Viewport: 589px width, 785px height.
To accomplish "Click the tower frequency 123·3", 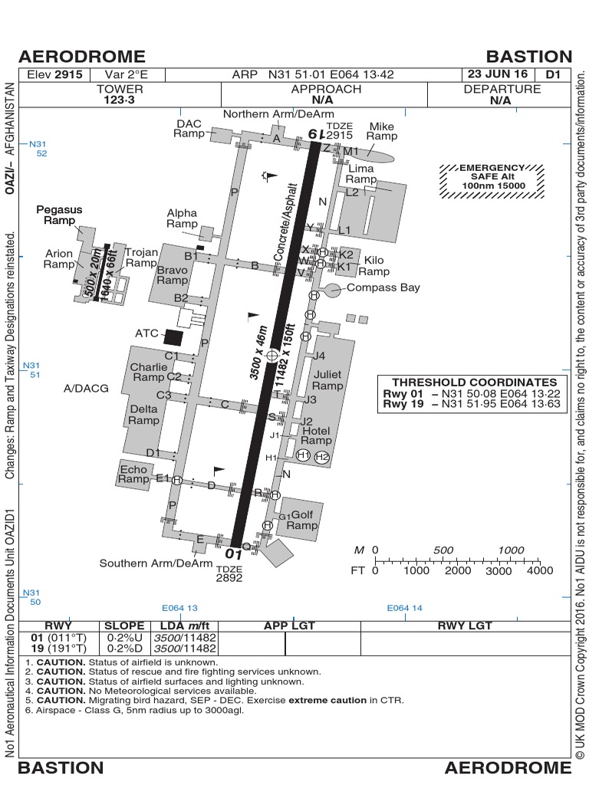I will [120, 100].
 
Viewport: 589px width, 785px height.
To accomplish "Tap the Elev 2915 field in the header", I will [54, 75].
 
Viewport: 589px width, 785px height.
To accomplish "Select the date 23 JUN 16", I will [497, 74].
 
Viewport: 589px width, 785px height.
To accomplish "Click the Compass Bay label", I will [383, 287].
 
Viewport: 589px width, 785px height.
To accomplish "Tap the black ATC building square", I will [174, 336].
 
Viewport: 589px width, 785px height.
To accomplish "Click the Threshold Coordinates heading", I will [475, 382].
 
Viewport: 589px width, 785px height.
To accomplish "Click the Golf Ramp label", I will [302, 521].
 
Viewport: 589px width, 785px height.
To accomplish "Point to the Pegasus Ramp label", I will [59, 215].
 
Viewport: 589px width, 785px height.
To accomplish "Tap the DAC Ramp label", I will [189, 128].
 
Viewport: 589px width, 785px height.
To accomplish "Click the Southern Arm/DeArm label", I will [156, 563].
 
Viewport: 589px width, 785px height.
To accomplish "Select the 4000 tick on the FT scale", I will [540, 570].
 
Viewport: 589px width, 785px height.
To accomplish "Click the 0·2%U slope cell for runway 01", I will [123, 638].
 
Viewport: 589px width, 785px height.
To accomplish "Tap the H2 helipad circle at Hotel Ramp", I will [321, 457].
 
